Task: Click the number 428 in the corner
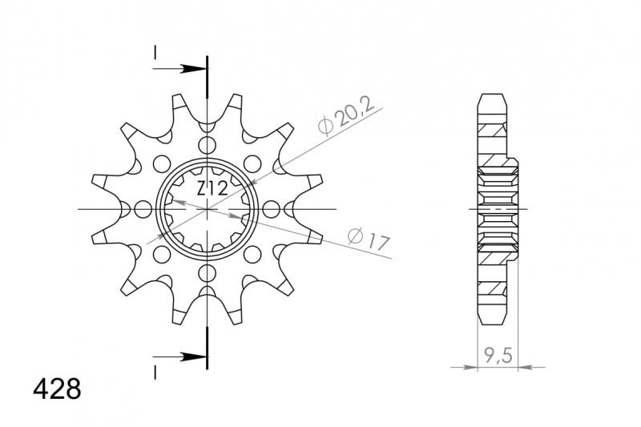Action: click(56, 389)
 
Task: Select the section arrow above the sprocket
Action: click(188, 69)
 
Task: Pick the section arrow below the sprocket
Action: click(188, 355)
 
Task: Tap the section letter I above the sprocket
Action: click(155, 53)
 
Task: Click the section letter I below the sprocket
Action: click(155, 371)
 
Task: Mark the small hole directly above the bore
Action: click(208, 146)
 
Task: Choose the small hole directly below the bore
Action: click(208, 273)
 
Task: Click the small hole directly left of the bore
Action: click(143, 210)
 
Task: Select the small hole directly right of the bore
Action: click(272, 210)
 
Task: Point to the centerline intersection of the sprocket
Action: click(208, 210)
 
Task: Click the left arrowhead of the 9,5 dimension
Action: click(473, 368)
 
